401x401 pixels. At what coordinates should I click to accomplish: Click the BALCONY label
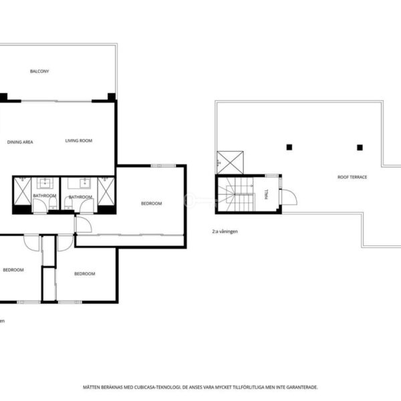39,71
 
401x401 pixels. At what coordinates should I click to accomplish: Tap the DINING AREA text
20,142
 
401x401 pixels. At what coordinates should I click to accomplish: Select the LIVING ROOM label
78,140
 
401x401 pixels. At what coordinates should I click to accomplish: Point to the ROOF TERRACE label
352,177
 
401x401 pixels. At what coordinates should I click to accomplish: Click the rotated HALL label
267,194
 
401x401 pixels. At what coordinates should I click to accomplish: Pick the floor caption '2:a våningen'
225,231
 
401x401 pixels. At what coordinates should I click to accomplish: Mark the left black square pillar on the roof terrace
289,147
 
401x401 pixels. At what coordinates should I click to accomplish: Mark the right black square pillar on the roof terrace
360,148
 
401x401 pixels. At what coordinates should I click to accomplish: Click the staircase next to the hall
236,194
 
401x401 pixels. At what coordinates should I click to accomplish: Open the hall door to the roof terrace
289,197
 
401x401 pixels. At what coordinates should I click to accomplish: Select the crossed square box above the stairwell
230,162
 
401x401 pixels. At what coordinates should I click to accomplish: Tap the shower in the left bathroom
22,191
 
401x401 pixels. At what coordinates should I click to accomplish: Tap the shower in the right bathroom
106,191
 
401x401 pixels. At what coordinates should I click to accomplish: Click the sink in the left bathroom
45,183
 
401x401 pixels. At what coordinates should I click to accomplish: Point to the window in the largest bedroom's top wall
163,166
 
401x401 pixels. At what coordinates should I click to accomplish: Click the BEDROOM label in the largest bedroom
152,204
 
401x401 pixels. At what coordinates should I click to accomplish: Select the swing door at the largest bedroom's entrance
84,225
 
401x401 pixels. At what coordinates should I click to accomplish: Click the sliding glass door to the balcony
56,102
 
